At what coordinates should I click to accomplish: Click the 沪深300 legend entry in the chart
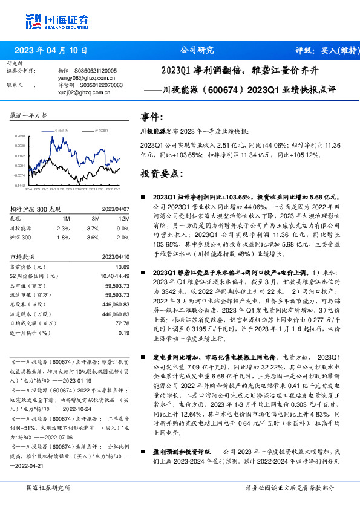100,130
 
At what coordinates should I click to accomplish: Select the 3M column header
96,218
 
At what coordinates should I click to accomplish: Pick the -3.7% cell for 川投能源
92,228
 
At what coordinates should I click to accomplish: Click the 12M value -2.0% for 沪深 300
123,238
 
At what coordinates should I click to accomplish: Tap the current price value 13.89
122,267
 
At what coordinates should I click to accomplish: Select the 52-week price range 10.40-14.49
114,276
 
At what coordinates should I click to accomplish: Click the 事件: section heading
152,117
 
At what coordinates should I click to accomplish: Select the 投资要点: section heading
162,173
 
